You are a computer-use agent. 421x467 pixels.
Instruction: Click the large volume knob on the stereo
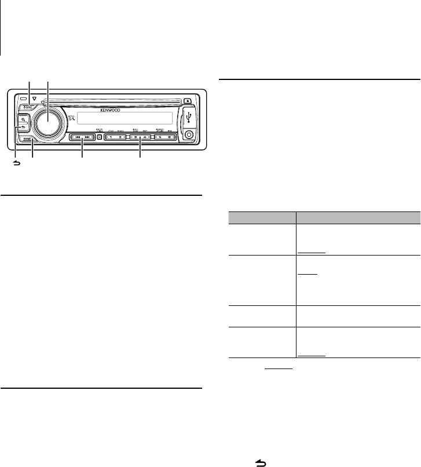click(x=47, y=121)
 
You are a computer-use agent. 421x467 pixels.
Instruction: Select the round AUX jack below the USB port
click(x=189, y=137)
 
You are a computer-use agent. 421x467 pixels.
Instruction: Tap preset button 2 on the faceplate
click(x=120, y=138)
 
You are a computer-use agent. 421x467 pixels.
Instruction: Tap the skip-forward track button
click(x=87, y=138)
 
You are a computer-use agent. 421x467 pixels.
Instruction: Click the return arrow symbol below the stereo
click(x=16, y=165)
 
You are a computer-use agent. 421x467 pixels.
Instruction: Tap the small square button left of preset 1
click(x=99, y=138)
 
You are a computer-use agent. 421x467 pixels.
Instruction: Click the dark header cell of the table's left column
click(x=260, y=218)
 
